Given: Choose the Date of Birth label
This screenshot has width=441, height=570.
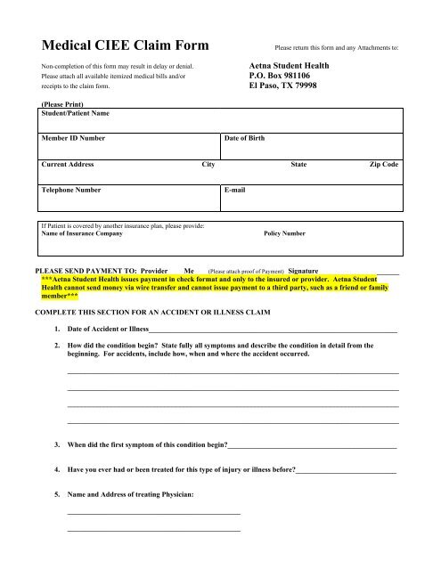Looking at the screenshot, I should click(245, 139).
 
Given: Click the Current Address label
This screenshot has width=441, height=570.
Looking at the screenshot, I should click(68, 165).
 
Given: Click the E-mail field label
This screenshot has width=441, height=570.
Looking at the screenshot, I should click(235, 190).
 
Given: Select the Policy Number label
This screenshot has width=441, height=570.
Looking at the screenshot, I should click(285, 233).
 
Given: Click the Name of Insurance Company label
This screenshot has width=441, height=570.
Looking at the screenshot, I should click(83, 233).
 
